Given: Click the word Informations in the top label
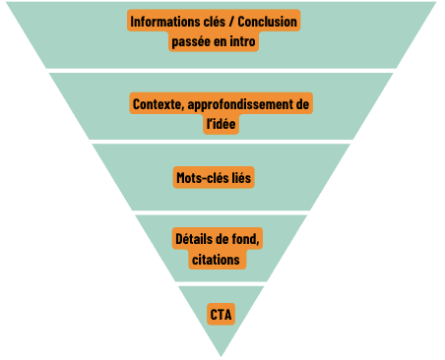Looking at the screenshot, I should [x=163, y=22].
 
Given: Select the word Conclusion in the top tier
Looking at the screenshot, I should [x=265, y=22].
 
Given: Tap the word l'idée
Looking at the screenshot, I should [x=221, y=124].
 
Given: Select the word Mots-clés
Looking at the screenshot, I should [x=202, y=178].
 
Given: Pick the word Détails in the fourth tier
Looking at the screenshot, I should [x=194, y=239].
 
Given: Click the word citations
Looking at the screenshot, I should [x=221, y=260].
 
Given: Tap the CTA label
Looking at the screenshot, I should [x=221, y=314].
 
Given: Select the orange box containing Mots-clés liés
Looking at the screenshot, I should [x=221, y=178].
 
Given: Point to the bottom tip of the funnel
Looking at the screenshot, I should [x=222, y=353].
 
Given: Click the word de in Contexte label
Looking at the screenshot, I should [x=303, y=103].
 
